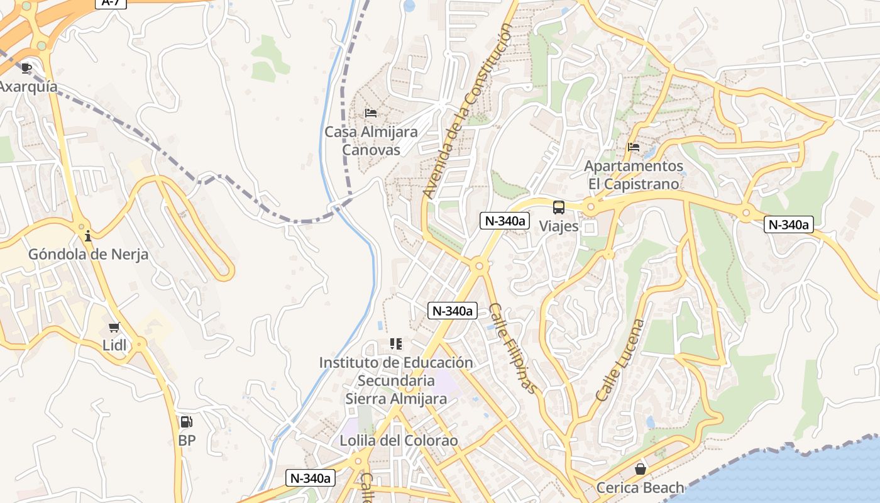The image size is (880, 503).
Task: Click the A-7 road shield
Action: click(111, 3)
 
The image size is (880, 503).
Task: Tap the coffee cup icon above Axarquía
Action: click(26, 67)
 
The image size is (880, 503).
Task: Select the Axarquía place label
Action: click(28, 87)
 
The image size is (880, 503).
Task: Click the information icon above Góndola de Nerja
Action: click(88, 236)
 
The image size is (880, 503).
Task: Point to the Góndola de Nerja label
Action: click(88, 255)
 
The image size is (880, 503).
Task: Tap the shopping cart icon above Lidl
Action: click(114, 327)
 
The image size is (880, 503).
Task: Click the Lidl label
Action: click(114, 345)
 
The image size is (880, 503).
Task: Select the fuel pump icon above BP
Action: click(187, 422)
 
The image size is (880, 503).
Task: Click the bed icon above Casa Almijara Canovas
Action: click(371, 113)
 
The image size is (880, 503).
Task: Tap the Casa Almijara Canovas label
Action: click(371, 141)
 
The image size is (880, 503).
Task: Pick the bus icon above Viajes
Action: click(559, 207)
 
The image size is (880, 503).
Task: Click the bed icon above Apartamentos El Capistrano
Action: click(634, 147)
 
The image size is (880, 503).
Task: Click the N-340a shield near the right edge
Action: click(789, 224)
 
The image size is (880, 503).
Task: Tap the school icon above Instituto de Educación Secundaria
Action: click(396, 344)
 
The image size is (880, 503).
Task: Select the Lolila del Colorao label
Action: click(399, 441)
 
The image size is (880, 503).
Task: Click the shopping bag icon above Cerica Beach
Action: click(640, 469)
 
